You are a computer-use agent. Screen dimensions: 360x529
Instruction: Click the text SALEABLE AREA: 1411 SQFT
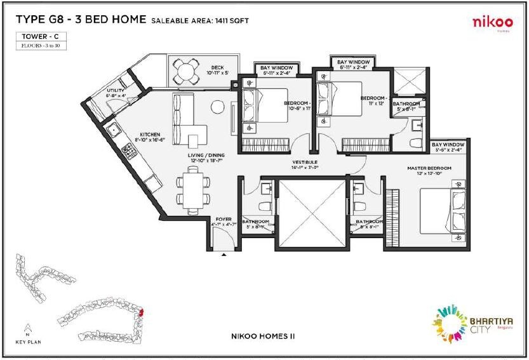[200, 21]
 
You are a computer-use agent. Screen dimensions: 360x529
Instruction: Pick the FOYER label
[223, 219]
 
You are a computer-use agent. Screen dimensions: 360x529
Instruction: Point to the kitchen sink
[114, 131]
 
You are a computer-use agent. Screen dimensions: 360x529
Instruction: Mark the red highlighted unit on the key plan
[142, 312]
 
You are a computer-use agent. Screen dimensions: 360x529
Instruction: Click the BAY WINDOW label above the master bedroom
[448, 145]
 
